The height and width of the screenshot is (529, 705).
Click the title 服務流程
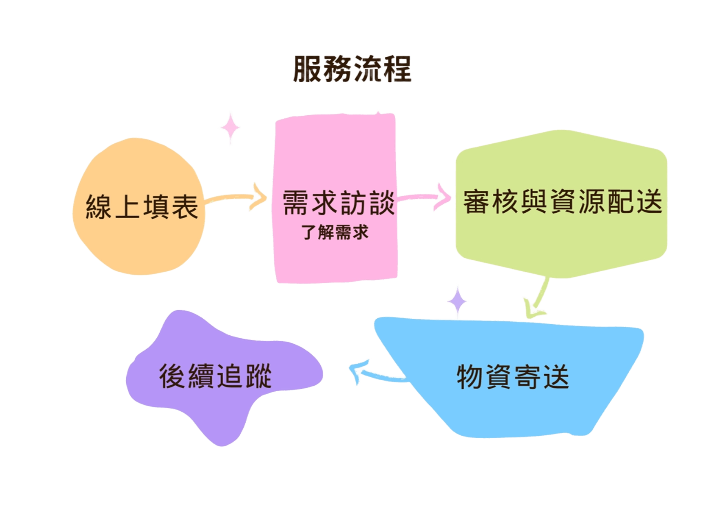[352, 69]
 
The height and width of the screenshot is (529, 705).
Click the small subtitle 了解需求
[335, 232]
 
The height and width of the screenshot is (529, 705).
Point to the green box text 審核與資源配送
[562, 202]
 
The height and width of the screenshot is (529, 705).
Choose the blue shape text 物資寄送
[513, 376]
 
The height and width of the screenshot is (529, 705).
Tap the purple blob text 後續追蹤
[215, 376]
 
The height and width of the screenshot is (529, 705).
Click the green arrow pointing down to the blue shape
[536, 299]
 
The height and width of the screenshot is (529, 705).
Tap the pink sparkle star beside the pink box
[230, 127]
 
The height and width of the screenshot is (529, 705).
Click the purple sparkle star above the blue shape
[457, 301]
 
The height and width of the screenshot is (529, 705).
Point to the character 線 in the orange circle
[99, 207]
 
